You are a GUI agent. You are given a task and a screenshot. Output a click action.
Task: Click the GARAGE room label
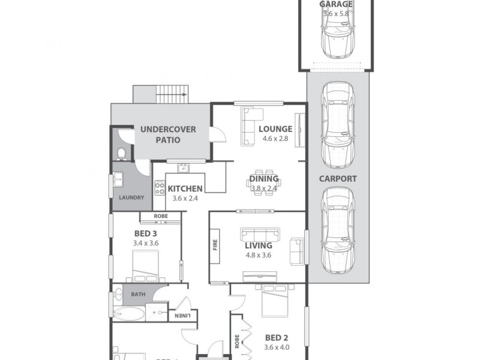pos(336,4)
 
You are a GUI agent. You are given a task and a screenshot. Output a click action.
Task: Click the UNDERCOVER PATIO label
pos(160,134)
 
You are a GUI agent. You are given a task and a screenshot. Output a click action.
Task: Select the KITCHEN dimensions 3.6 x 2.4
pos(185,198)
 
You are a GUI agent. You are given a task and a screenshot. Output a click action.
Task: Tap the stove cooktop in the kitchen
pos(160,188)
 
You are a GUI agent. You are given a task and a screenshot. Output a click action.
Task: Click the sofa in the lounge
pos(251,125)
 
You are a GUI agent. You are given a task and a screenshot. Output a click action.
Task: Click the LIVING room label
pos(259,245)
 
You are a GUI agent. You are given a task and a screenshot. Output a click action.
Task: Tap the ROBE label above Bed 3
pos(160,216)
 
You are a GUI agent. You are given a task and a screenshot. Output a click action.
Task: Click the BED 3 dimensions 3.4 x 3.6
pos(145,243)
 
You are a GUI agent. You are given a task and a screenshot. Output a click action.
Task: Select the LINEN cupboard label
pos(183,316)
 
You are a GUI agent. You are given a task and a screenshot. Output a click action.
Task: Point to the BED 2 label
pos(277,337)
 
